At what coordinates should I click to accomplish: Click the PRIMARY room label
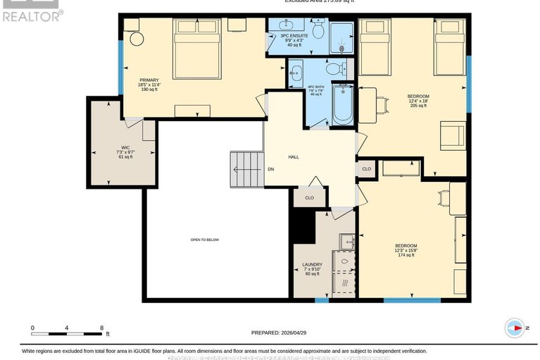[149, 80]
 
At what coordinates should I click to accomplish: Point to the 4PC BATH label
[315, 88]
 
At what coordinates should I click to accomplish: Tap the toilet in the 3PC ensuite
[318, 30]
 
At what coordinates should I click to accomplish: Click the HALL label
[294, 156]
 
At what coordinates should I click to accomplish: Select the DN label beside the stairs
[270, 169]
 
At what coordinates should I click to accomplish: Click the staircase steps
[246, 169]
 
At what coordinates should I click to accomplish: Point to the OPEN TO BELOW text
[204, 240]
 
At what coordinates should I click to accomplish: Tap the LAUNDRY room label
[312, 264]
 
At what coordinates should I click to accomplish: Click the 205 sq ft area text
[418, 106]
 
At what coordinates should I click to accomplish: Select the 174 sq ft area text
[406, 255]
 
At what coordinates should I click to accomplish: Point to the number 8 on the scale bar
[101, 328]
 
